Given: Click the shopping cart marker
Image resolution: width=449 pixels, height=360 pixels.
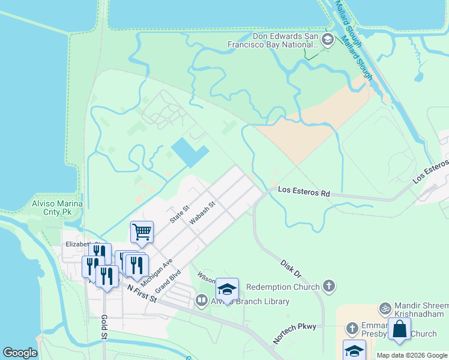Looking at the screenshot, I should pos(142,231).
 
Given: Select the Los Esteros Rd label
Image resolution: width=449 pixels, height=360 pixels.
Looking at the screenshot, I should pos(304,193).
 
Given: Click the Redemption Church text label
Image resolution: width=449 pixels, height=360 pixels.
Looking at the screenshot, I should pos(283,287).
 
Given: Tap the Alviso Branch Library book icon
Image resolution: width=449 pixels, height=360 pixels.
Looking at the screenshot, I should pos(201,300).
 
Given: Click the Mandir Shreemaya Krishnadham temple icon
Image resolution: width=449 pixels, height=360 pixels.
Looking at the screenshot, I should pos(385,308).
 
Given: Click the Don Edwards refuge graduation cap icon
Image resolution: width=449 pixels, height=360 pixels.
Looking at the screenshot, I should pos(328,41).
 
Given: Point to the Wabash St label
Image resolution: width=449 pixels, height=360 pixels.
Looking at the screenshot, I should pos(202,214).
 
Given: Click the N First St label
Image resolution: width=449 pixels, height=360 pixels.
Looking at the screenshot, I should pos(142,293).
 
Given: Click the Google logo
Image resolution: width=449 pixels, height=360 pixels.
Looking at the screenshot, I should pos(20,353).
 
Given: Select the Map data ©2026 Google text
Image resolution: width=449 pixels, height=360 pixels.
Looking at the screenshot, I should pos(411,355).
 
